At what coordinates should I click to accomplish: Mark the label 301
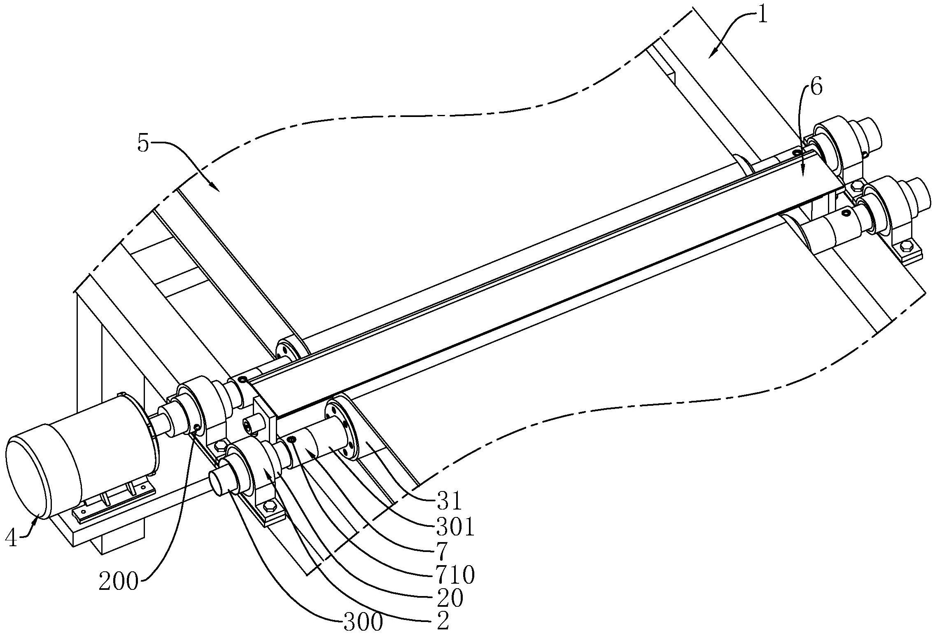pyautogui.click(x=455, y=528)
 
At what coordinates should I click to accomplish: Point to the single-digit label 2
pyautogui.click(x=443, y=623)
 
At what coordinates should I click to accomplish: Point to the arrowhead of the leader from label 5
pyautogui.click(x=218, y=190)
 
